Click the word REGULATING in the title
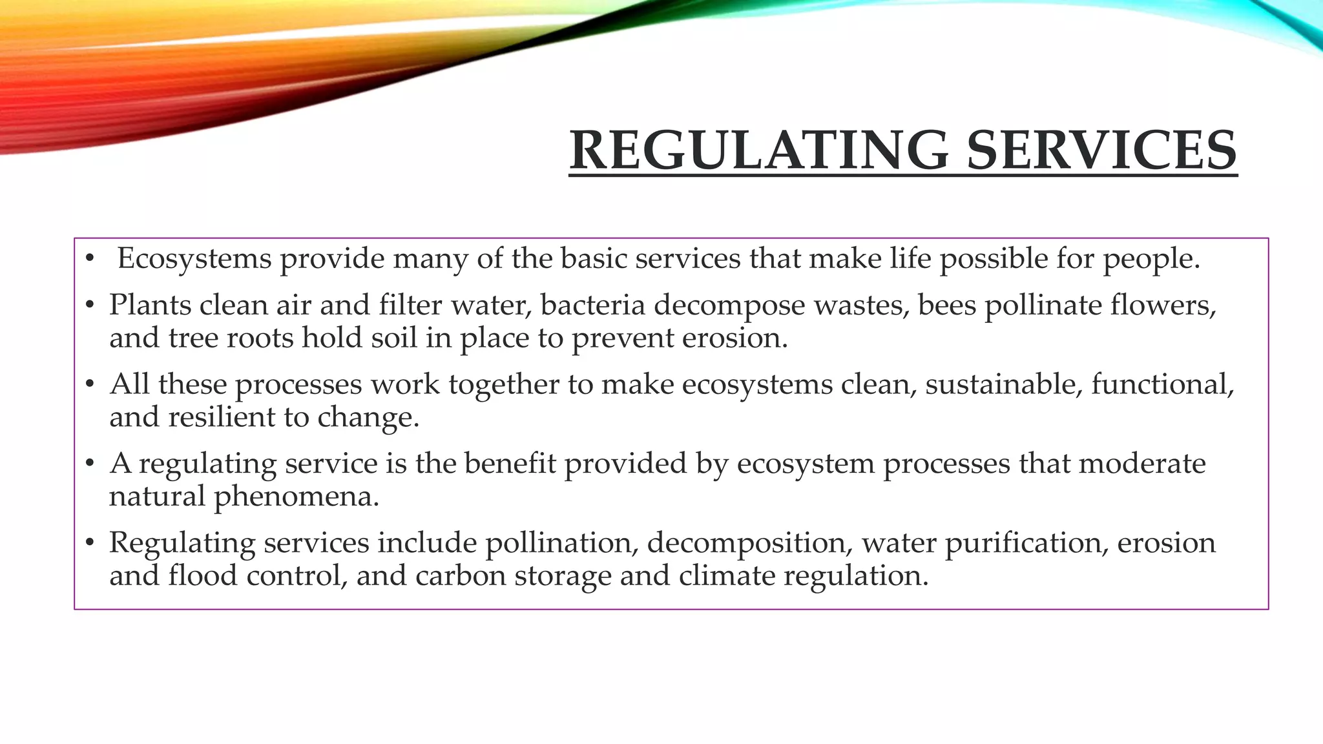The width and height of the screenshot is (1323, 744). point(759,150)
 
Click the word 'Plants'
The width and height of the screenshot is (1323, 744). point(150,305)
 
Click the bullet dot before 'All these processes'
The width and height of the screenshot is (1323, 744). point(90,385)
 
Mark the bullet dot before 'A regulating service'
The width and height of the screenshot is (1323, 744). point(90,464)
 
